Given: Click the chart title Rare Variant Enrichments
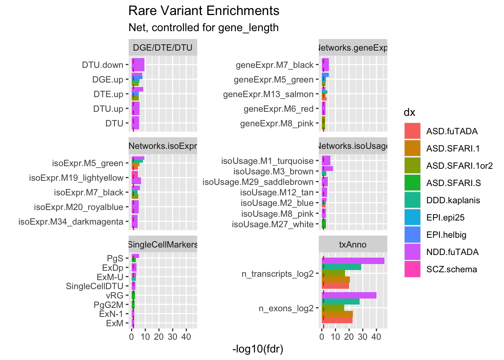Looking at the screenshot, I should coord(204,11).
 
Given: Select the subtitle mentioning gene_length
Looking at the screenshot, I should coord(203,28).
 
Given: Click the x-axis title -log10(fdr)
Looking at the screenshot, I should coord(258,349).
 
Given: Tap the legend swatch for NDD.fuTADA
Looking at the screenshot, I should coord(412,252).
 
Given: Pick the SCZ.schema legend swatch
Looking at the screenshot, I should coord(412,269).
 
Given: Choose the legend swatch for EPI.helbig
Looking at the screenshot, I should coord(412,235).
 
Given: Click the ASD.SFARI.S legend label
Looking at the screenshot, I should coord(453,183).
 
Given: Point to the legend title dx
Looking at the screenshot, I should coord(409,112).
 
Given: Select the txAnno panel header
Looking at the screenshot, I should coord(353,244).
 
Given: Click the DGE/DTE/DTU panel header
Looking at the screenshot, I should coord(163,48).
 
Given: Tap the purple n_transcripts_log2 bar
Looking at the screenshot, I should coord(353,261).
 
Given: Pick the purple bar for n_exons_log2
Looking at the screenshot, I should coord(349,295).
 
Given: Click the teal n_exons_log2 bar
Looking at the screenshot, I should coord(340,301).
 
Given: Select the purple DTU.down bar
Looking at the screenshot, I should coord(138,65).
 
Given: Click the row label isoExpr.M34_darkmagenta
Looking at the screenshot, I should coord(71,222).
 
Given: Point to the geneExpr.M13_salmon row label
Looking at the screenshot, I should coord(268,94).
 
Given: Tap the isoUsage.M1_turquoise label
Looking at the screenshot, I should coord(267,161).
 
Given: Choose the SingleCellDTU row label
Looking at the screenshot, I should coord(94,286).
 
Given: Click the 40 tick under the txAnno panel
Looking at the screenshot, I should coord(376,337).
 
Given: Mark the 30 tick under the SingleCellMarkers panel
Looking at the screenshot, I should coord(172,337).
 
